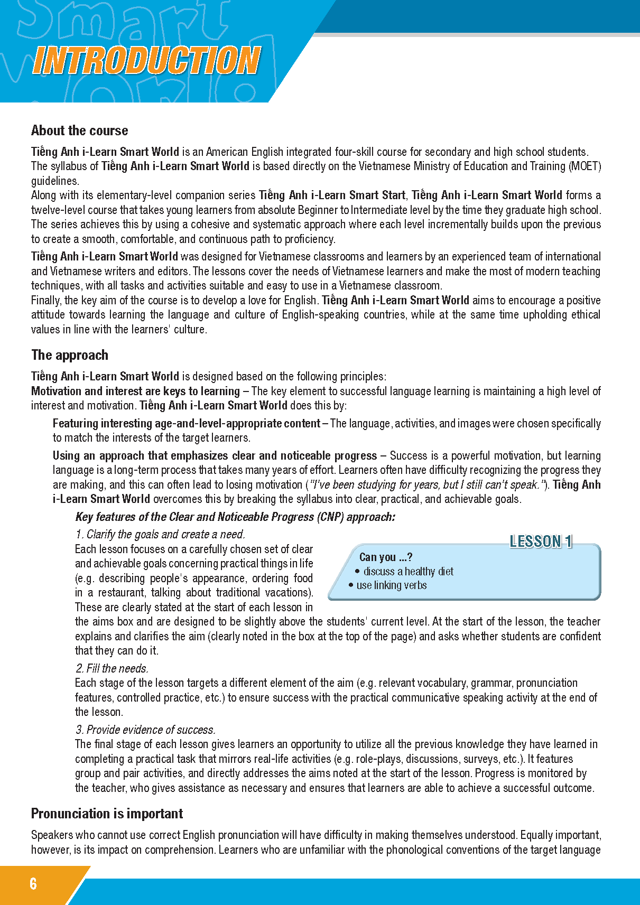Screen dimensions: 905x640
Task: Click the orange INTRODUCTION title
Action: pos(146,60)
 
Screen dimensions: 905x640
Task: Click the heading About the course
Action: pos(79,130)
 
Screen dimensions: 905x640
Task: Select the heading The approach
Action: pos(70,355)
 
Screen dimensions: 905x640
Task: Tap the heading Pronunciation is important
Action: pos(107,814)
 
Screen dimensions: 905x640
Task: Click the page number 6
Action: pos(33,883)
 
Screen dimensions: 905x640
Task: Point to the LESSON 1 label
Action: pos(541,542)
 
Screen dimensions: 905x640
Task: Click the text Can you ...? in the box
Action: pos(386,557)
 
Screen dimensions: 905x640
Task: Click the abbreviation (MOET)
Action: pos(585,166)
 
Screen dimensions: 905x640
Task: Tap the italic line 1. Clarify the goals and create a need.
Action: pos(160,534)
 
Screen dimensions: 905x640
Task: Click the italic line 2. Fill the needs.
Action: pos(112,668)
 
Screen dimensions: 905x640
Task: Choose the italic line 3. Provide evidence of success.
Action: pos(145,730)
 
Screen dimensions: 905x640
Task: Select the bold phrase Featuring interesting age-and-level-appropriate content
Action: pos(186,423)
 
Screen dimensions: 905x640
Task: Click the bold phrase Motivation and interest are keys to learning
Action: pos(135,391)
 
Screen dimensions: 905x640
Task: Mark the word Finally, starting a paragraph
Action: pos(47,300)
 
